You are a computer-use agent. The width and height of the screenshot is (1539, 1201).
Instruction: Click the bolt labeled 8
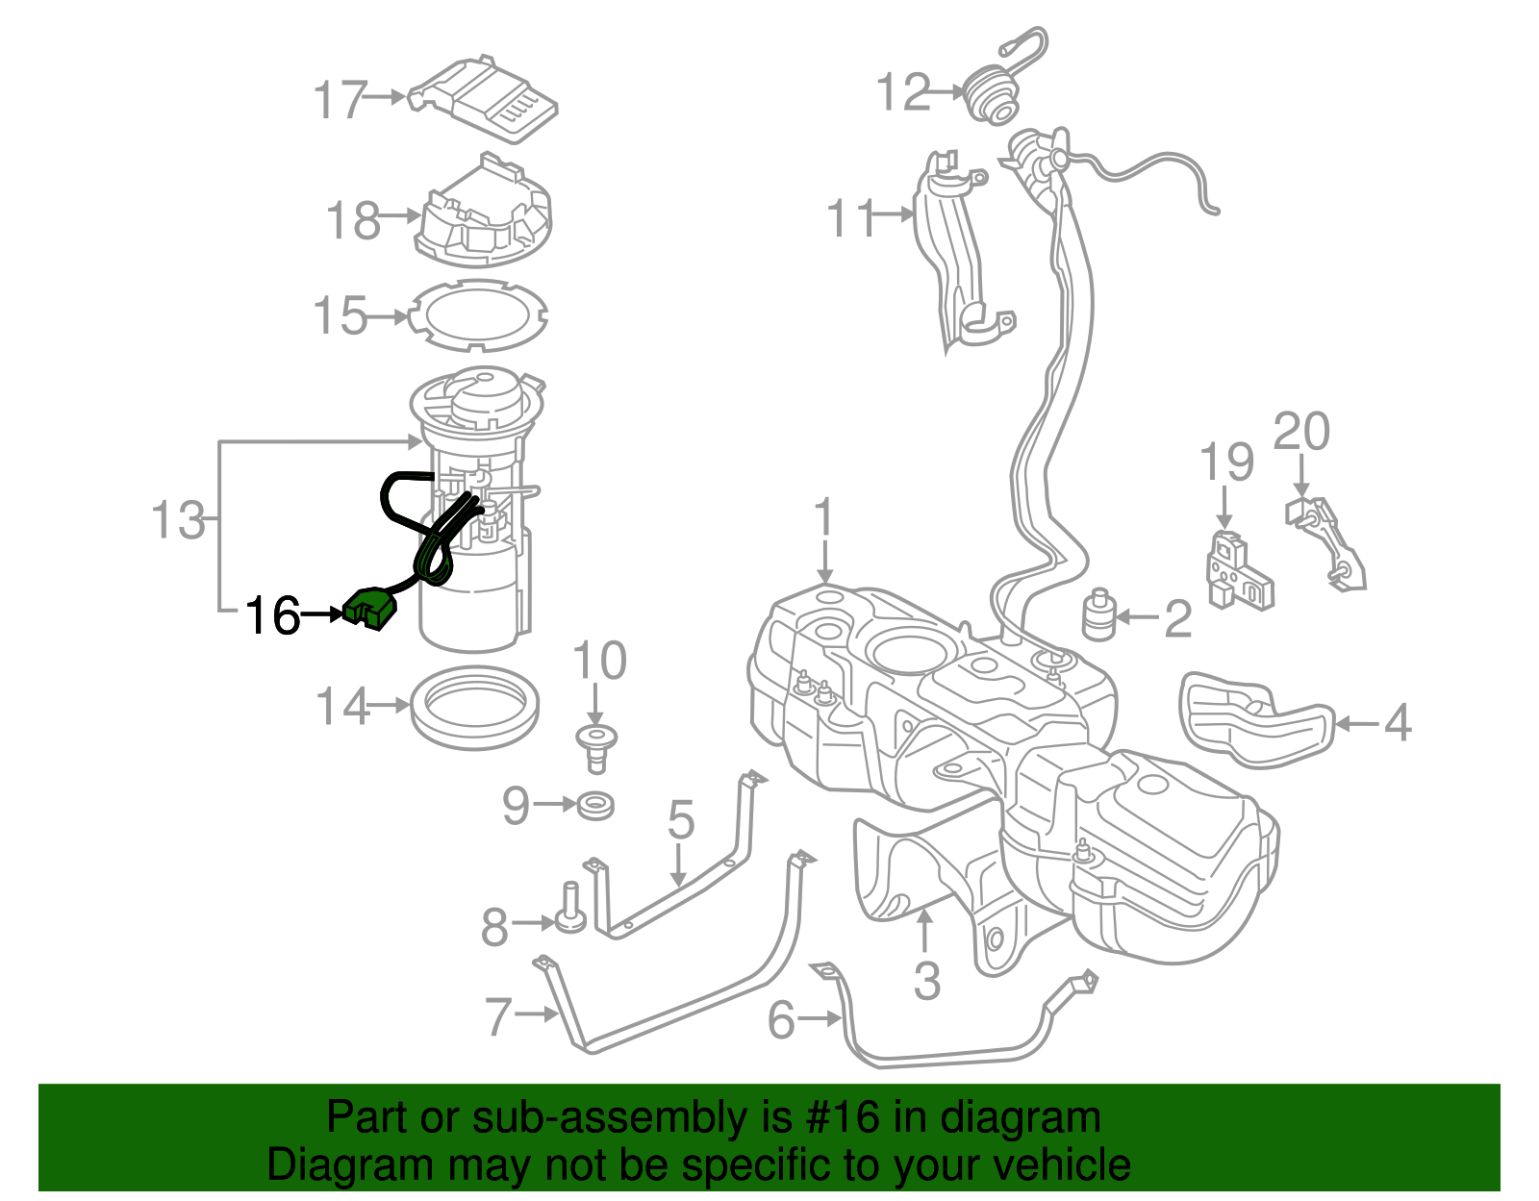tap(569, 910)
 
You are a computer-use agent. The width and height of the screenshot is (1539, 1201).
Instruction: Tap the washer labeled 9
tap(596, 805)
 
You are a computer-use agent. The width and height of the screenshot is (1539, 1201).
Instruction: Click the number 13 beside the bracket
tap(179, 521)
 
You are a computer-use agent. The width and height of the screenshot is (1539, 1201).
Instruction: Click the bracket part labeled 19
tap(1239, 573)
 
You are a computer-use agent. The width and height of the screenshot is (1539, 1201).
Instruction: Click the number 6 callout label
tap(781, 1019)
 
